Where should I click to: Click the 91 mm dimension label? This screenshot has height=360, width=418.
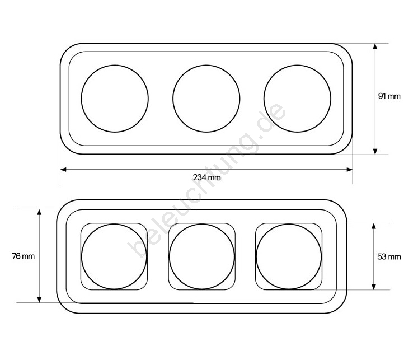coord(389,96)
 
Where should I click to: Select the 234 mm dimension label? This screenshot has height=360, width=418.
coord(207,177)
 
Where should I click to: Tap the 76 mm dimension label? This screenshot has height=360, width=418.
coord(23,256)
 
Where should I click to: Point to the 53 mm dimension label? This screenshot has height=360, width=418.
coord(389,256)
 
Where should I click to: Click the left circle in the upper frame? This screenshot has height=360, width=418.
coord(81,99)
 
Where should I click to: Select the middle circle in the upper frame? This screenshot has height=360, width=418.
coord(173,99)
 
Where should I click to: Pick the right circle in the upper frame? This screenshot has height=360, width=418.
coord(264,99)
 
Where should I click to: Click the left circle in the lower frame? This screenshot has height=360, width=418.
coord(82,256)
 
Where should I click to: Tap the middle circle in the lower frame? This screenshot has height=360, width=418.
coord(170,256)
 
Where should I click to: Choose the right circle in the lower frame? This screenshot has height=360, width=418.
coord(256,256)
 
